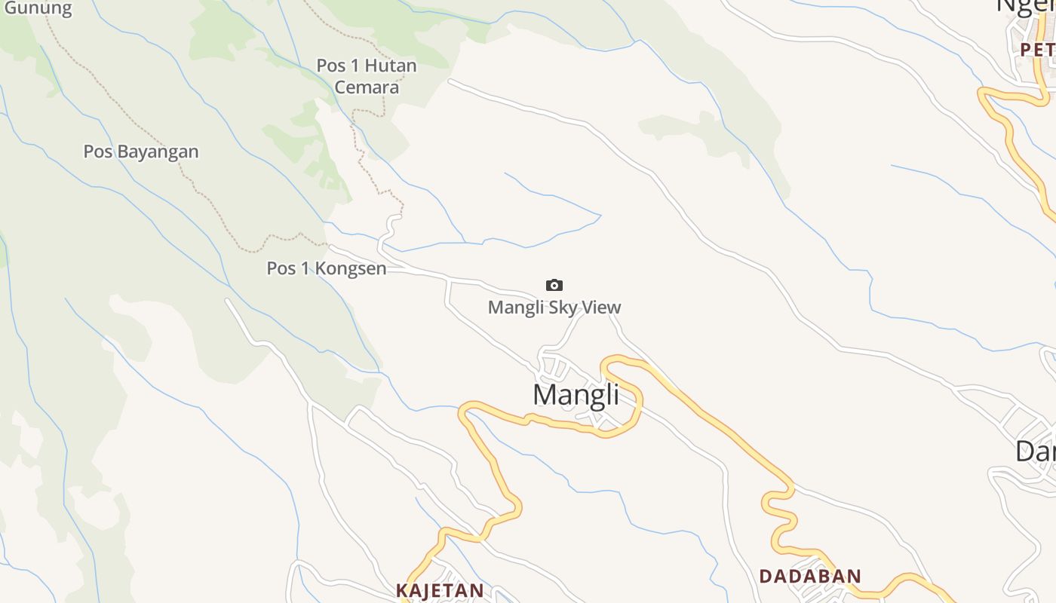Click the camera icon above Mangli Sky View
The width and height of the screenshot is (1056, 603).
click(x=554, y=285)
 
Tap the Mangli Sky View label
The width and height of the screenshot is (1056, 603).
click(x=554, y=308)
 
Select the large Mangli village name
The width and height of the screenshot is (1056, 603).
click(x=576, y=395)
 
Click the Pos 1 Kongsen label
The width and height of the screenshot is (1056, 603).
click(x=327, y=268)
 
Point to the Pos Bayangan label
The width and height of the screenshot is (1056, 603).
click(x=141, y=152)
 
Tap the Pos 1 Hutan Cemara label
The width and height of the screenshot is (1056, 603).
click(x=367, y=76)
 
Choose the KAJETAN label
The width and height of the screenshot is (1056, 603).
click(x=440, y=590)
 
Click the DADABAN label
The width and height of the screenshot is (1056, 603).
click(x=810, y=577)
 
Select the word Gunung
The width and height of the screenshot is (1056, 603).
click(x=38, y=9)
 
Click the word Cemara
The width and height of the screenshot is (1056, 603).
click(x=367, y=87)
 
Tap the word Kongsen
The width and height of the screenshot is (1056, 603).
click(x=351, y=268)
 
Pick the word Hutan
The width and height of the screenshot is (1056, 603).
click(x=390, y=66)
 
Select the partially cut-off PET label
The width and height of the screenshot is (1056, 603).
click(x=1037, y=50)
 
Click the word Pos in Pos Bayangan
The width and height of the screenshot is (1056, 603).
click(x=97, y=152)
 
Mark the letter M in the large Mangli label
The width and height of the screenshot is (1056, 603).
click(x=546, y=395)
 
